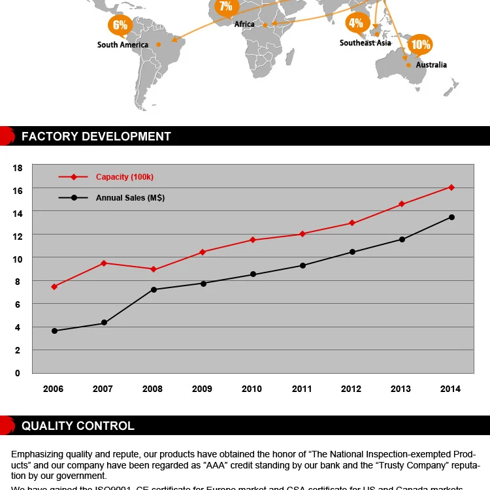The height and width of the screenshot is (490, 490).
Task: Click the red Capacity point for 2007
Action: [103, 263]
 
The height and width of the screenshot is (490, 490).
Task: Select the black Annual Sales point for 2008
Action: [154, 289]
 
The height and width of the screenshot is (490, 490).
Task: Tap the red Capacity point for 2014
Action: [451, 188]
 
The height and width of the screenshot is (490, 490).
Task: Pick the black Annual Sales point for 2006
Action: [54, 331]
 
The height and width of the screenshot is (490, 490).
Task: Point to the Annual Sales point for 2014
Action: [451, 217]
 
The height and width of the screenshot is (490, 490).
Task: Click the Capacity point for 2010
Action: [252, 240]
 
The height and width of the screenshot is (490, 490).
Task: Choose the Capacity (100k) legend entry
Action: [124, 177]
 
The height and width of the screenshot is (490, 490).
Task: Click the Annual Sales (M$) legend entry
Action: [130, 197]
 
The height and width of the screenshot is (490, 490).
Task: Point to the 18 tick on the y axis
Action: [17, 168]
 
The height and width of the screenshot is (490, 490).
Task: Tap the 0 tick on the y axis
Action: [17, 373]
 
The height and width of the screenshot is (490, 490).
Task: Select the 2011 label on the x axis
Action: [301, 389]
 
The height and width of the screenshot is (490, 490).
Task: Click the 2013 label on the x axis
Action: [400, 389]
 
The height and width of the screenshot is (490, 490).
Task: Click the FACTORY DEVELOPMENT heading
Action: [96, 137]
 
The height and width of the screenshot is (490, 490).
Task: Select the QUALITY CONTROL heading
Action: [78, 426]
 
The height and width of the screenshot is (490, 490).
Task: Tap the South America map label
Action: [123, 45]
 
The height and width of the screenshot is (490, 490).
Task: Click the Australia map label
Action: [431, 65]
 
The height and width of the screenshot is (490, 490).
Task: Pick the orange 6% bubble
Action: [120, 25]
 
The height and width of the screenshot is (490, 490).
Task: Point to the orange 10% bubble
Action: [420, 44]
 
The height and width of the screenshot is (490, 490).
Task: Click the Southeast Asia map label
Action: [365, 43]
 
